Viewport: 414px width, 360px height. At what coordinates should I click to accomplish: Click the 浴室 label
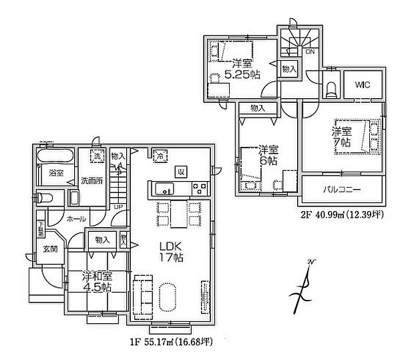point(55,172)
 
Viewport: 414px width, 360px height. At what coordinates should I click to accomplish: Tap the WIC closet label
point(363,85)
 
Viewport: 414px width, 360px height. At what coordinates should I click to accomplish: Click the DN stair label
point(310,51)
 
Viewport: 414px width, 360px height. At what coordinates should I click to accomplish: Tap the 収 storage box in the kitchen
point(180,170)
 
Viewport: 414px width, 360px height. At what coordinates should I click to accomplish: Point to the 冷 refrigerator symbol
point(160,156)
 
